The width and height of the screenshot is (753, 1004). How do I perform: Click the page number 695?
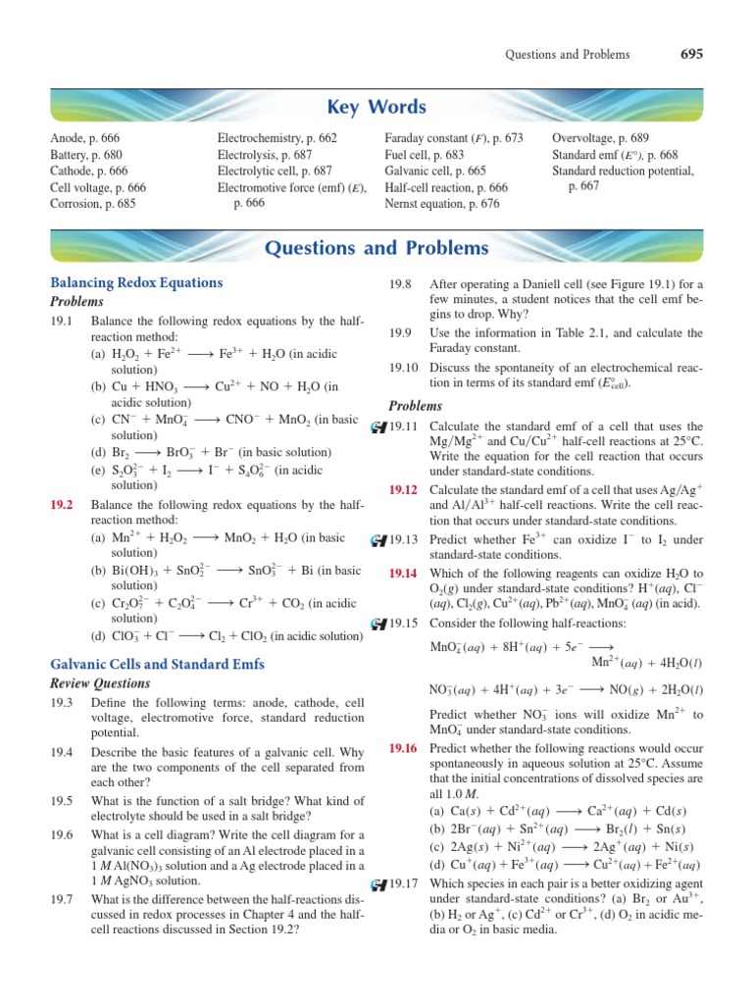(691, 55)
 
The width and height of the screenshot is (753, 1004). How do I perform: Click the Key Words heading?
(376, 107)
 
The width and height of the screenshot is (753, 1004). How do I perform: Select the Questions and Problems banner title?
(376, 247)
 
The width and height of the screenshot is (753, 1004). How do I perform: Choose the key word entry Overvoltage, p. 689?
(601, 139)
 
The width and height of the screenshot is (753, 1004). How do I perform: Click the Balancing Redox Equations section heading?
(136, 282)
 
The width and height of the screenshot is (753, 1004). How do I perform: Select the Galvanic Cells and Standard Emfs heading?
(157, 664)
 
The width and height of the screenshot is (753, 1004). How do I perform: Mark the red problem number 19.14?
(403, 572)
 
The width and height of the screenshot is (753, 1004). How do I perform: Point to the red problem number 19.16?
(403, 748)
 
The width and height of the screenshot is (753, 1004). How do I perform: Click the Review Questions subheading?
(99, 683)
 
